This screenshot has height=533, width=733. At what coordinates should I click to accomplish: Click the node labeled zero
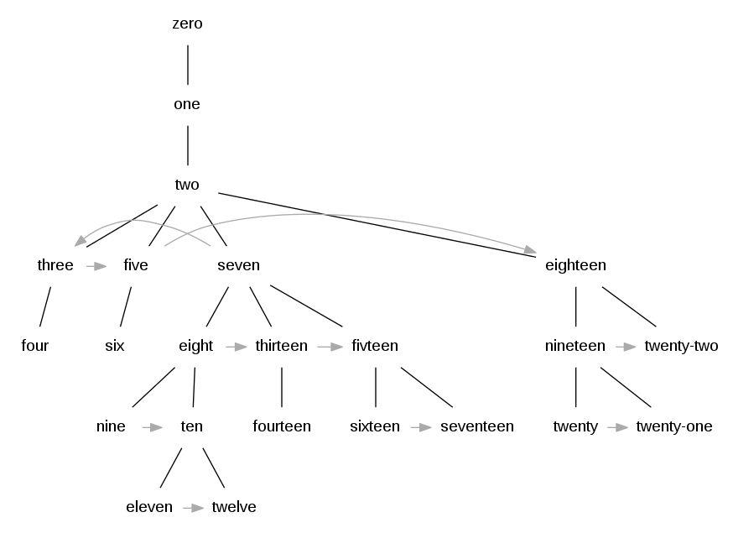tap(187, 24)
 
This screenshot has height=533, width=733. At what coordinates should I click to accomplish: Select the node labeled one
tap(187, 104)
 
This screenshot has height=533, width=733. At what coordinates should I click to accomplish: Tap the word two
tap(187, 185)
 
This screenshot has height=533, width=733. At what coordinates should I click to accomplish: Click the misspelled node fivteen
tap(375, 346)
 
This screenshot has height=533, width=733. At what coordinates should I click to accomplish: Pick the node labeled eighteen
tap(575, 265)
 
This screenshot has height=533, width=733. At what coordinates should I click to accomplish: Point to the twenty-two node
tap(681, 346)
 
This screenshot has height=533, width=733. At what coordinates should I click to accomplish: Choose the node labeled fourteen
tap(282, 426)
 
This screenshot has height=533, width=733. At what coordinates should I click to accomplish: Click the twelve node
tap(234, 507)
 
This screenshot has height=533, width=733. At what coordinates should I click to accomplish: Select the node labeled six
tap(115, 346)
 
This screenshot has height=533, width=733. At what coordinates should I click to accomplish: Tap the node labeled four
tap(35, 346)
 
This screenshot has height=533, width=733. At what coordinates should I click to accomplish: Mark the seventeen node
tap(476, 426)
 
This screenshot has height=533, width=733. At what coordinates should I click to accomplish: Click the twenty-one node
tap(674, 426)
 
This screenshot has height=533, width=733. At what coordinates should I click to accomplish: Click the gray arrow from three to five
tap(96, 266)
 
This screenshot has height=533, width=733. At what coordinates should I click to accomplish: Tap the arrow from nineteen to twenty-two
tap(625, 346)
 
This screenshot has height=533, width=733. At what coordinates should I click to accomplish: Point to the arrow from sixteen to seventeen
tap(420, 426)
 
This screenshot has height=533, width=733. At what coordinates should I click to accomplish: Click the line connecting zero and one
tap(187, 64)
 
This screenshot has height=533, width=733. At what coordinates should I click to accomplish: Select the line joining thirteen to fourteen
tap(282, 386)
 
